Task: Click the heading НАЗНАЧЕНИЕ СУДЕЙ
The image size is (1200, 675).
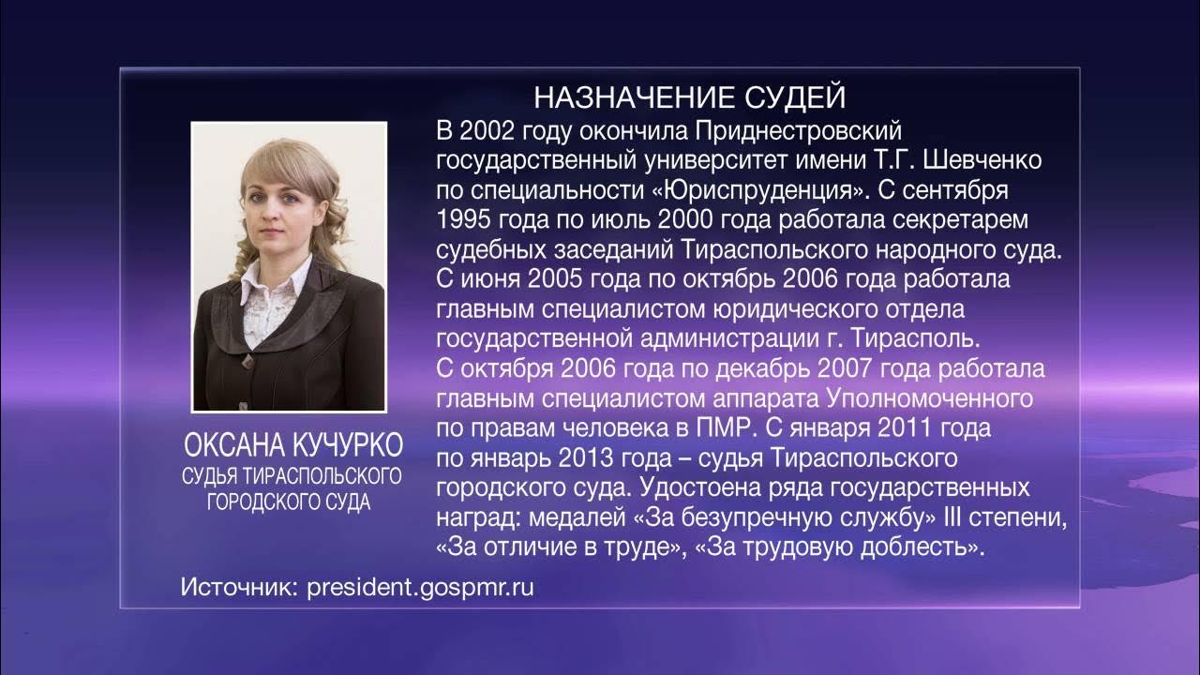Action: point(689,97)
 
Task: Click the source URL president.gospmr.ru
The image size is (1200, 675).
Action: point(420,588)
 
